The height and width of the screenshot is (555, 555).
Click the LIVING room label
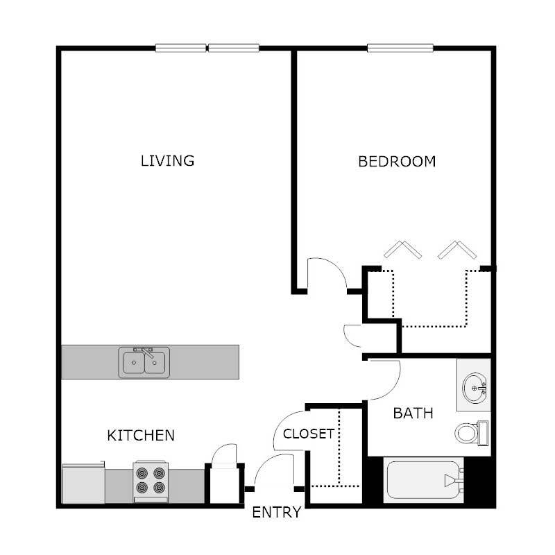click(x=167, y=161)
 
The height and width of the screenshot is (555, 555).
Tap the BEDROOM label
click(x=397, y=162)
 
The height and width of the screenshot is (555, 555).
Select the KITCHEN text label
click(x=140, y=436)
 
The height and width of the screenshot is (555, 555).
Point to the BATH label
click(x=413, y=413)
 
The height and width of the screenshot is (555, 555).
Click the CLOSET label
click(x=309, y=434)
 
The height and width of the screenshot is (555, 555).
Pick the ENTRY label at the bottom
click(x=276, y=513)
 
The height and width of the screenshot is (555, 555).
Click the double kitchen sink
click(x=144, y=362)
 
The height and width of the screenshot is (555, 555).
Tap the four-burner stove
click(x=151, y=481)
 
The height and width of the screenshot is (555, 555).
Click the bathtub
click(x=422, y=479)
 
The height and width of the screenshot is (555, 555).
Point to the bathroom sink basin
click(x=475, y=386)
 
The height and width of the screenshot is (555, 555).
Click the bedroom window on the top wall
click(x=401, y=48)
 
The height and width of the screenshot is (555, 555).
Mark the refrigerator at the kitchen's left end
click(x=83, y=484)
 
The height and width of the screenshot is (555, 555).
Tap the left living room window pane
click(x=181, y=48)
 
